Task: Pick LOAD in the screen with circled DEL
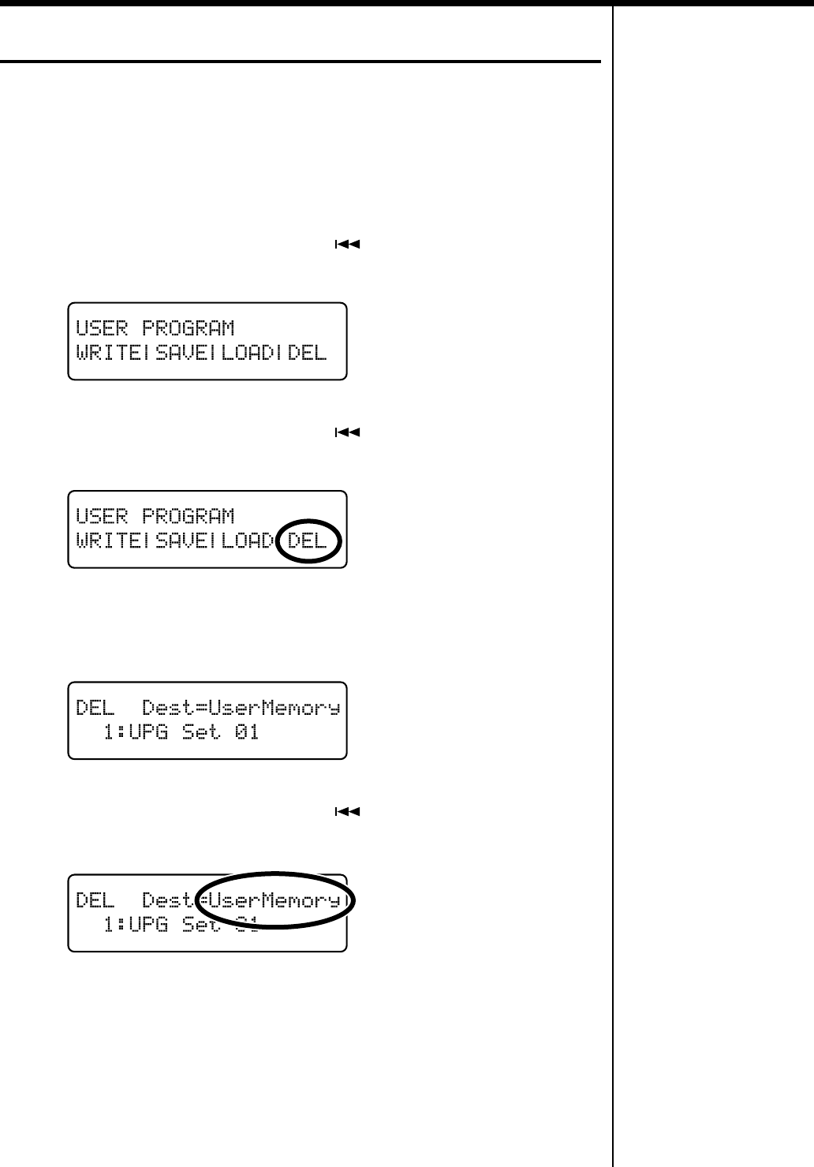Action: pos(247,541)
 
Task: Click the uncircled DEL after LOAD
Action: pos(307,353)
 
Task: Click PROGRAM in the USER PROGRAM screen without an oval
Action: pos(188,327)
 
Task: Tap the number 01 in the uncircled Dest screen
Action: pos(247,732)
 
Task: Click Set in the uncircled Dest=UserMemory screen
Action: pos(200,732)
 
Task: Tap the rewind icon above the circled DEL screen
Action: pos(348,432)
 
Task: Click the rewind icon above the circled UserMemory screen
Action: pos(348,811)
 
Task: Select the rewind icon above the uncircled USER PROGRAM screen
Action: pos(348,245)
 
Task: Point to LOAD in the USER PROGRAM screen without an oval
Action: pos(247,353)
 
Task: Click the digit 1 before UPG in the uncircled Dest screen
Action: pos(108,732)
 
